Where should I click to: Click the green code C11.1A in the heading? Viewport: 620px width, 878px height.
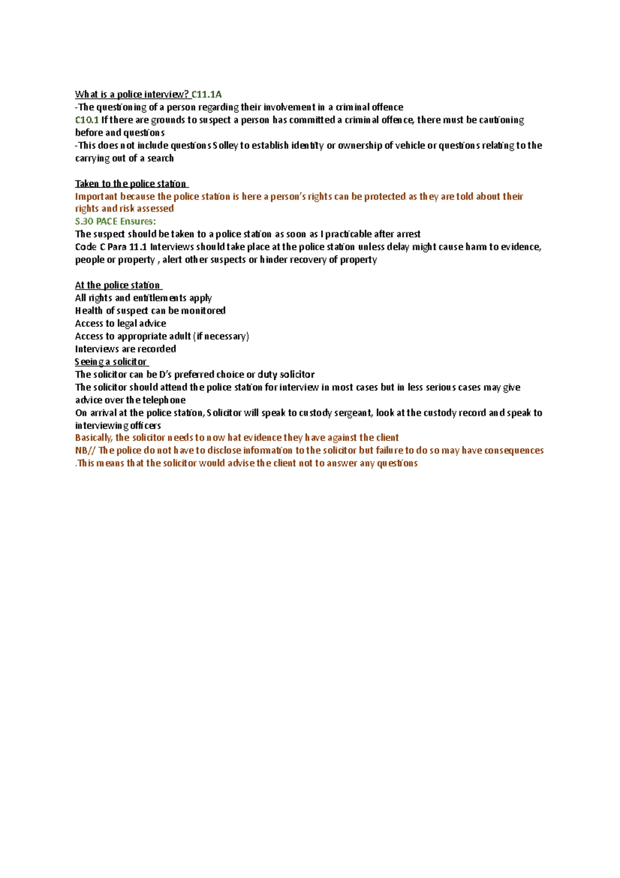(206, 94)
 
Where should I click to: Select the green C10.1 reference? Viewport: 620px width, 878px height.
(87, 120)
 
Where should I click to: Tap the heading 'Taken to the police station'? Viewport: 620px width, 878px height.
(131, 184)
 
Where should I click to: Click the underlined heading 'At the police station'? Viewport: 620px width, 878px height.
(118, 285)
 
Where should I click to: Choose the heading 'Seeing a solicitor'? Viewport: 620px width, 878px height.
(111, 361)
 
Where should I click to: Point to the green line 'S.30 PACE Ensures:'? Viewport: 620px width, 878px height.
(115, 221)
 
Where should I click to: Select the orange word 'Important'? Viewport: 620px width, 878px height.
(96, 196)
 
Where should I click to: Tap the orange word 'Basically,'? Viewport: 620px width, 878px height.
(94, 437)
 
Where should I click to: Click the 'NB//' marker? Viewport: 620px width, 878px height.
(85, 450)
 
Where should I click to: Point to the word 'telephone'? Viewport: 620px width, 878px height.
(164, 400)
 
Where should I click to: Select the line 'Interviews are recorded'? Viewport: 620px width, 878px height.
(126, 349)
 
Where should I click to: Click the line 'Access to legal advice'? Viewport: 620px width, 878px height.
(120, 323)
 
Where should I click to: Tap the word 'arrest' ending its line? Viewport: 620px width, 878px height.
(408, 234)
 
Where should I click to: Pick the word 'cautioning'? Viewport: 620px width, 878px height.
(502, 120)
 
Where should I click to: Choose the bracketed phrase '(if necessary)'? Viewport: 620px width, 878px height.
(221, 336)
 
